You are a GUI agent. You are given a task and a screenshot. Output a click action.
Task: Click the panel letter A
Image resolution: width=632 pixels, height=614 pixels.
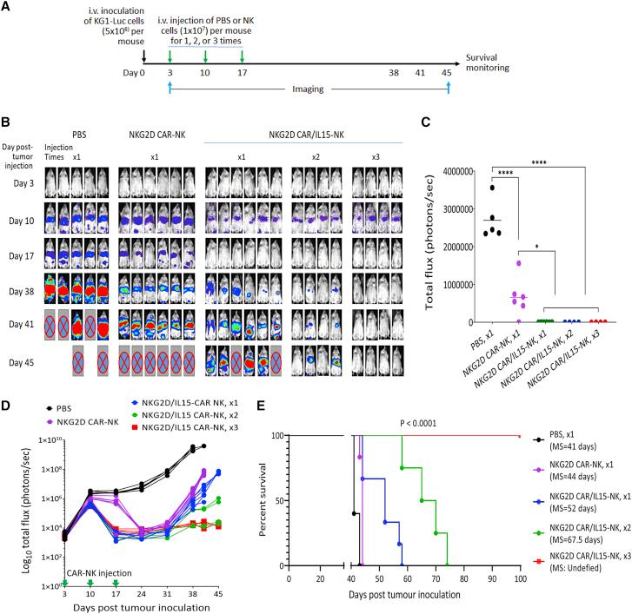pos(7,8)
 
